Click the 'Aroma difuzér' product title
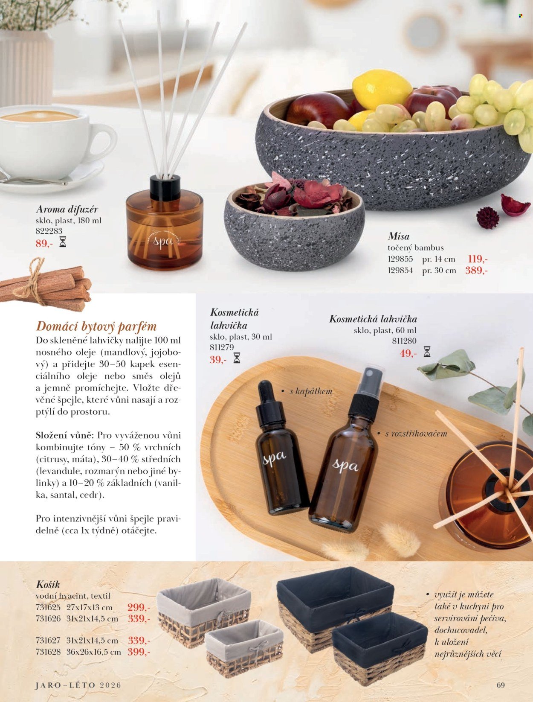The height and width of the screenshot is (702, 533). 67,210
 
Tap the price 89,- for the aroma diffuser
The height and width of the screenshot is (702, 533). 44,244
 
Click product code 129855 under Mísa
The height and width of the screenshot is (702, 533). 400,259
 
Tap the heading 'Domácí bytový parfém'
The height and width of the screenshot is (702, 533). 96,326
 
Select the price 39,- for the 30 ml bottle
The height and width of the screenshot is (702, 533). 218,360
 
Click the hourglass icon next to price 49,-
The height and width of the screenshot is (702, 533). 427,352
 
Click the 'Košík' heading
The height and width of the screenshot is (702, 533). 48,584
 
